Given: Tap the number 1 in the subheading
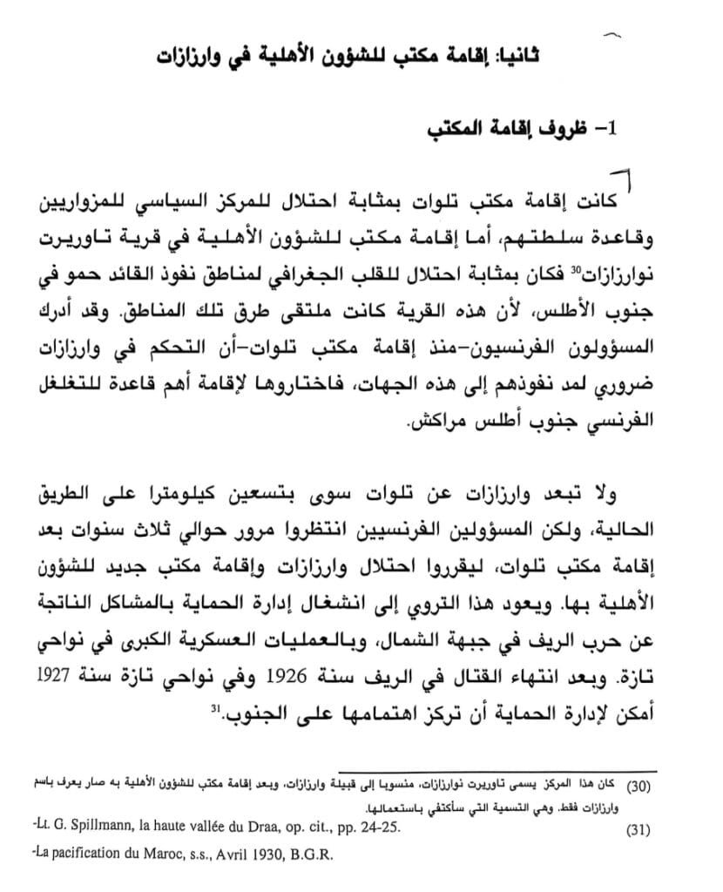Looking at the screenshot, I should point(610,130).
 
